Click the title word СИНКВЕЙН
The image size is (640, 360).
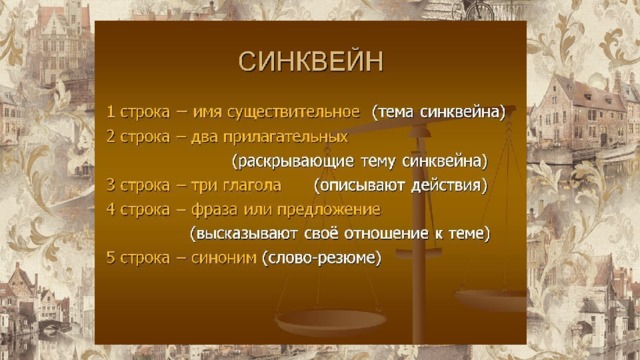311,61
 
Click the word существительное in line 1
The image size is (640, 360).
293,112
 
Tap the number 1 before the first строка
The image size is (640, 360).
110,111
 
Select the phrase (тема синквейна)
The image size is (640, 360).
439,112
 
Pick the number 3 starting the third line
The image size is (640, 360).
111,185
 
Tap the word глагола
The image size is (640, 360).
253,185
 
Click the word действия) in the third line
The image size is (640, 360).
449,185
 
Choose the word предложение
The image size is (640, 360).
329,210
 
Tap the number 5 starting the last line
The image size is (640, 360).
111,258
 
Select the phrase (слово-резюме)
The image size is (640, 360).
322,258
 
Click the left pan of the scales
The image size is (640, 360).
330,322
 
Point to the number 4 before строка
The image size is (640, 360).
111,209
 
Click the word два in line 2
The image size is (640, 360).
204,137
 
